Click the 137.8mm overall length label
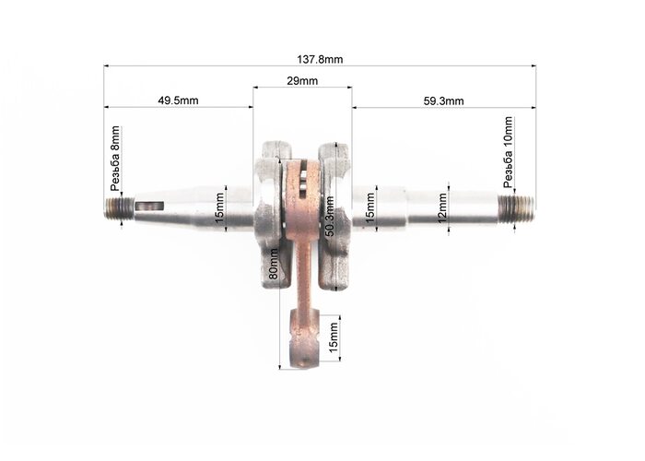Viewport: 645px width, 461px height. (320, 59)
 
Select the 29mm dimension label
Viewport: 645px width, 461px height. (302, 81)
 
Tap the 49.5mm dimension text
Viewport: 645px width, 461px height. (178, 100)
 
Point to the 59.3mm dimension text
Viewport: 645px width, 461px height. (443, 100)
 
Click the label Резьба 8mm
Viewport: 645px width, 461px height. (115, 159)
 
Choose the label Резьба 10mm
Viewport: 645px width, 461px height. (509, 153)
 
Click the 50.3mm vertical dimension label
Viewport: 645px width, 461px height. (330, 217)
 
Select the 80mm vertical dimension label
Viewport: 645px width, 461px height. (273, 265)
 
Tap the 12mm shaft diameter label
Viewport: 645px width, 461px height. (442, 208)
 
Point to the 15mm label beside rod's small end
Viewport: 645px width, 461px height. (334, 338)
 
